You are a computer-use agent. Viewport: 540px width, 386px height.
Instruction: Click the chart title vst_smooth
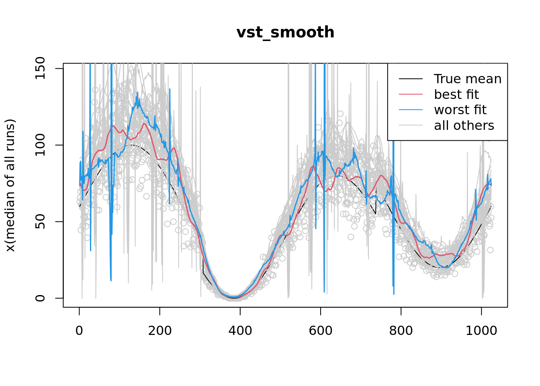285,33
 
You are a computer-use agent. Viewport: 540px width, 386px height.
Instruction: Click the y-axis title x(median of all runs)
10,185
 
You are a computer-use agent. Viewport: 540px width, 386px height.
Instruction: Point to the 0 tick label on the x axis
79,331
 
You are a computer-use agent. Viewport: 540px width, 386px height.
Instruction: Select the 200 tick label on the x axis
160,331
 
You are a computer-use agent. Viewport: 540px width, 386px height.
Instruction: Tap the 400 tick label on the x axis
240,331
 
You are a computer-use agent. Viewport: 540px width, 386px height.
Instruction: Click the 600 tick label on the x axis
321,331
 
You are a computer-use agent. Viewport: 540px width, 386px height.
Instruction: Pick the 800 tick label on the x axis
401,331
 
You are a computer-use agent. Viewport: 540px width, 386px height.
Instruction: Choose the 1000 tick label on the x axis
481,331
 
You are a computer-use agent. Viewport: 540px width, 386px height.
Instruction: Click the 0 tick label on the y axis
40,298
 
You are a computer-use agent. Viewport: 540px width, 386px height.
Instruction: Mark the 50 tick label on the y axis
40,222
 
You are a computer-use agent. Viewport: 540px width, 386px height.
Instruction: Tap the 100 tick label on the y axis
40,145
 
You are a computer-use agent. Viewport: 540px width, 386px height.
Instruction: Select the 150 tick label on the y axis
40,68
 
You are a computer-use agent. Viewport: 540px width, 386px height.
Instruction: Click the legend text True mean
468,79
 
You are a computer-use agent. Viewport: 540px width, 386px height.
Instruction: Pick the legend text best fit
456,94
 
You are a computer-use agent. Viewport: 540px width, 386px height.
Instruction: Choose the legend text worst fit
460,110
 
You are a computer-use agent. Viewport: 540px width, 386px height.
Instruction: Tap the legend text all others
464,125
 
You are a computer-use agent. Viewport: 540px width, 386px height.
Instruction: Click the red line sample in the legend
411,94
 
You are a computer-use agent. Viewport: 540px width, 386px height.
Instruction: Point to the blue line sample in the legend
411,110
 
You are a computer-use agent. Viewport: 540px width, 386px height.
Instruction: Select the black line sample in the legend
411,79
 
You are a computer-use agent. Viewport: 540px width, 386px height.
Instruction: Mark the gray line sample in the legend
411,125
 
